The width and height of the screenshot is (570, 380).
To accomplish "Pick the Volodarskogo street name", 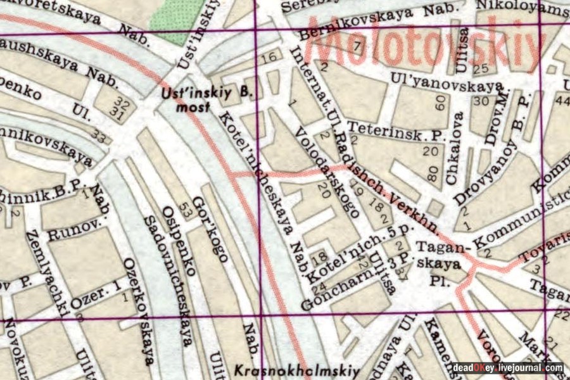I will [323, 167].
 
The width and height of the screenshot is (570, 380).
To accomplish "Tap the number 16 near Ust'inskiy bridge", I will [270, 58].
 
